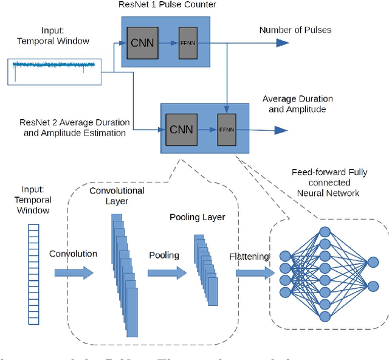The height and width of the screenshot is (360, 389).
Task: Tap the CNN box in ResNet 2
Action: pos(181,130)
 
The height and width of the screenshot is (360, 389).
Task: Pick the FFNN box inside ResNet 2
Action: pos(226,130)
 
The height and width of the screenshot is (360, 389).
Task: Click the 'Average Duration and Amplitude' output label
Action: pos(297,104)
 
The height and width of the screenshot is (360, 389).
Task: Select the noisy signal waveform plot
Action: pos(53,71)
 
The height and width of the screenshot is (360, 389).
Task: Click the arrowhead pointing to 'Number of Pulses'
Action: pos(281,43)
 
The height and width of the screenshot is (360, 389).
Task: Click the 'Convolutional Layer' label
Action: pos(117,195)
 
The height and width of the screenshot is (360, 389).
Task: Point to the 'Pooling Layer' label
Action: pos(197,217)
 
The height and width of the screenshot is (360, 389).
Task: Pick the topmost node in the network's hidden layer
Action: pos(325,232)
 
